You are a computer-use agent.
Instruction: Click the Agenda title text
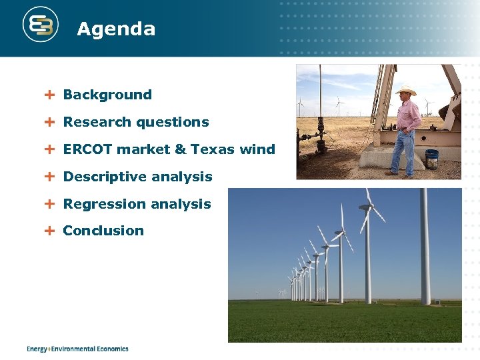click(x=116, y=29)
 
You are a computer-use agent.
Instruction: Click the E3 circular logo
click(x=41, y=25)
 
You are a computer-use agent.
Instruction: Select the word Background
click(x=107, y=95)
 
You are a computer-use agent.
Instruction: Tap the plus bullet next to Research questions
click(x=49, y=122)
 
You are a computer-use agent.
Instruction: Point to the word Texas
click(x=213, y=149)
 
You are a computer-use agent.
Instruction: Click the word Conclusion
click(x=103, y=231)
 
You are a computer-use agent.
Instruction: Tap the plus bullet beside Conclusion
click(x=49, y=231)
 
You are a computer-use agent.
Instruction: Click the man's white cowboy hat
click(x=405, y=91)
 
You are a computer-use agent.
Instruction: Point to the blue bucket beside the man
click(x=432, y=159)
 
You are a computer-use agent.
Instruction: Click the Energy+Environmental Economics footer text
click(x=77, y=349)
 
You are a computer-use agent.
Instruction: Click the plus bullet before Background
click(x=49, y=95)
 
